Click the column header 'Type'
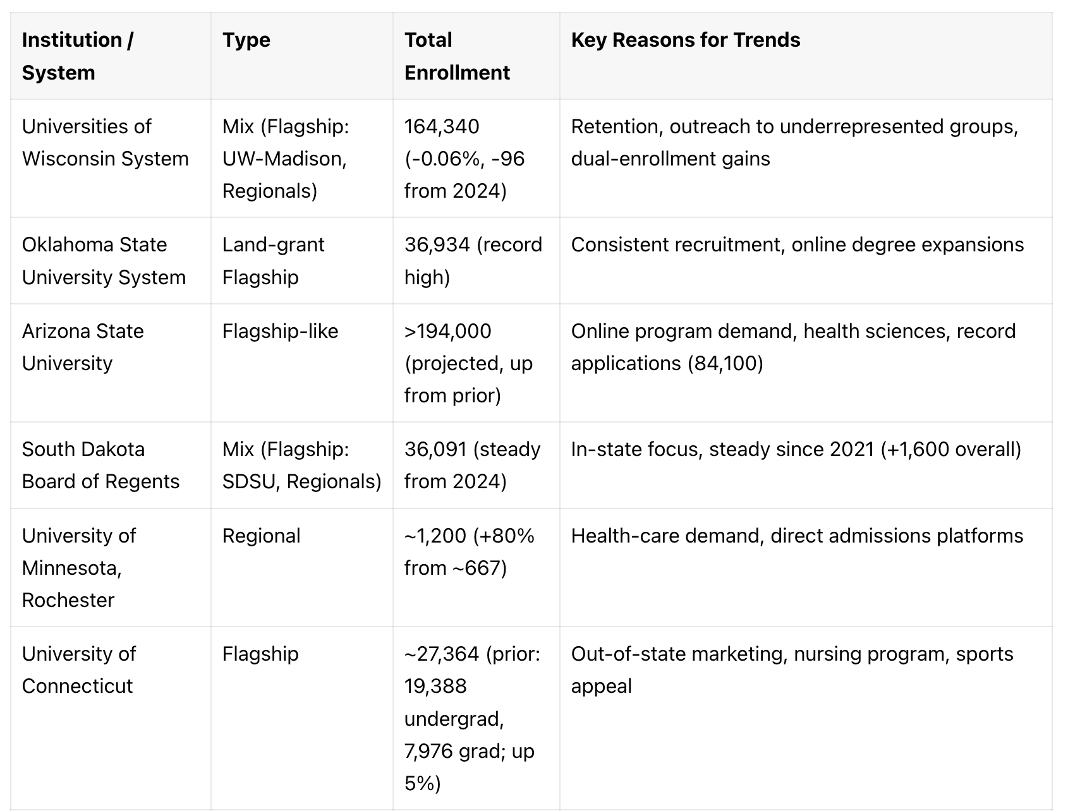coord(246,40)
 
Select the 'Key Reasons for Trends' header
coord(685,40)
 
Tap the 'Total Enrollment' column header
coord(456,56)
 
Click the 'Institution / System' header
coord(77,56)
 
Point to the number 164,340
coord(442,126)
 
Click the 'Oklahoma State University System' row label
coord(104,261)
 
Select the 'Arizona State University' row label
coord(83,347)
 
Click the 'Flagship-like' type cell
coord(280,331)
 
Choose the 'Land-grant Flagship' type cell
coord(273,261)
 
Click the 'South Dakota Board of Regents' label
coord(100,466)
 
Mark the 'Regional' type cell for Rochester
coord(261,536)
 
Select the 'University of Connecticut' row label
coord(78,670)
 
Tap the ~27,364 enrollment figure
coord(442,654)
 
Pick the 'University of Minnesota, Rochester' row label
coord(78,568)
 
